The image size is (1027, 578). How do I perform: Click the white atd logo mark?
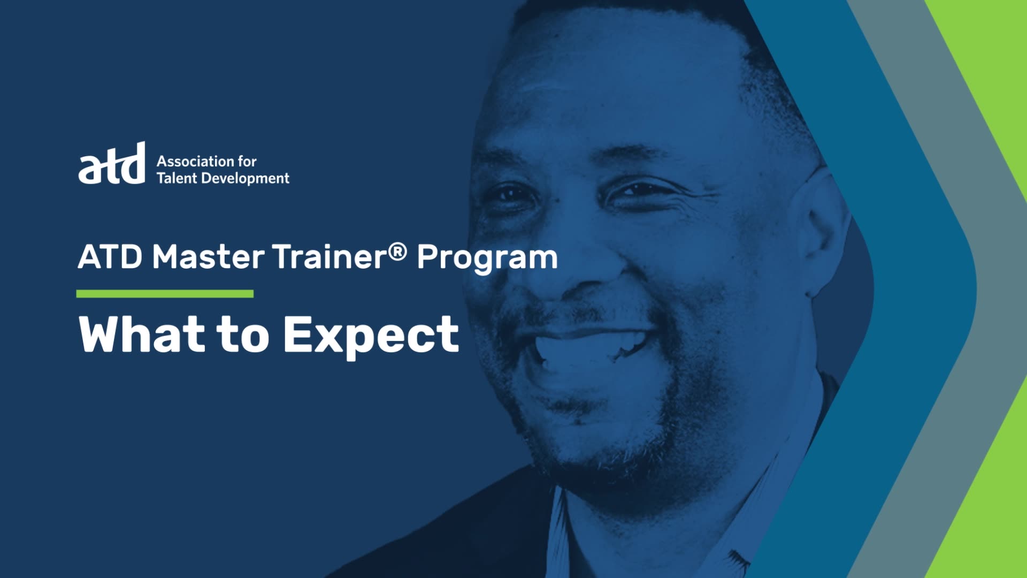pyautogui.click(x=112, y=163)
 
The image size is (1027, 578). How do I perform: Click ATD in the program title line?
pyautogui.click(x=110, y=257)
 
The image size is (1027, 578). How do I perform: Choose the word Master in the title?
pyautogui.click(x=208, y=257)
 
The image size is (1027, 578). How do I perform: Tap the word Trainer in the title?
pyautogui.click(x=329, y=257)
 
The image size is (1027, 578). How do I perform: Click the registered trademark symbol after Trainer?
pyautogui.click(x=397, y=251)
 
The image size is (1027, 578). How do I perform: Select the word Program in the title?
pyautogui.click(x=487, y=258)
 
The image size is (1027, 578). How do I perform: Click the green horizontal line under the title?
pyautogui.click(x=165, y=293)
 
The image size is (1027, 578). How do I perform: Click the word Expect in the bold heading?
pyautogui.click(x=371, y=336)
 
